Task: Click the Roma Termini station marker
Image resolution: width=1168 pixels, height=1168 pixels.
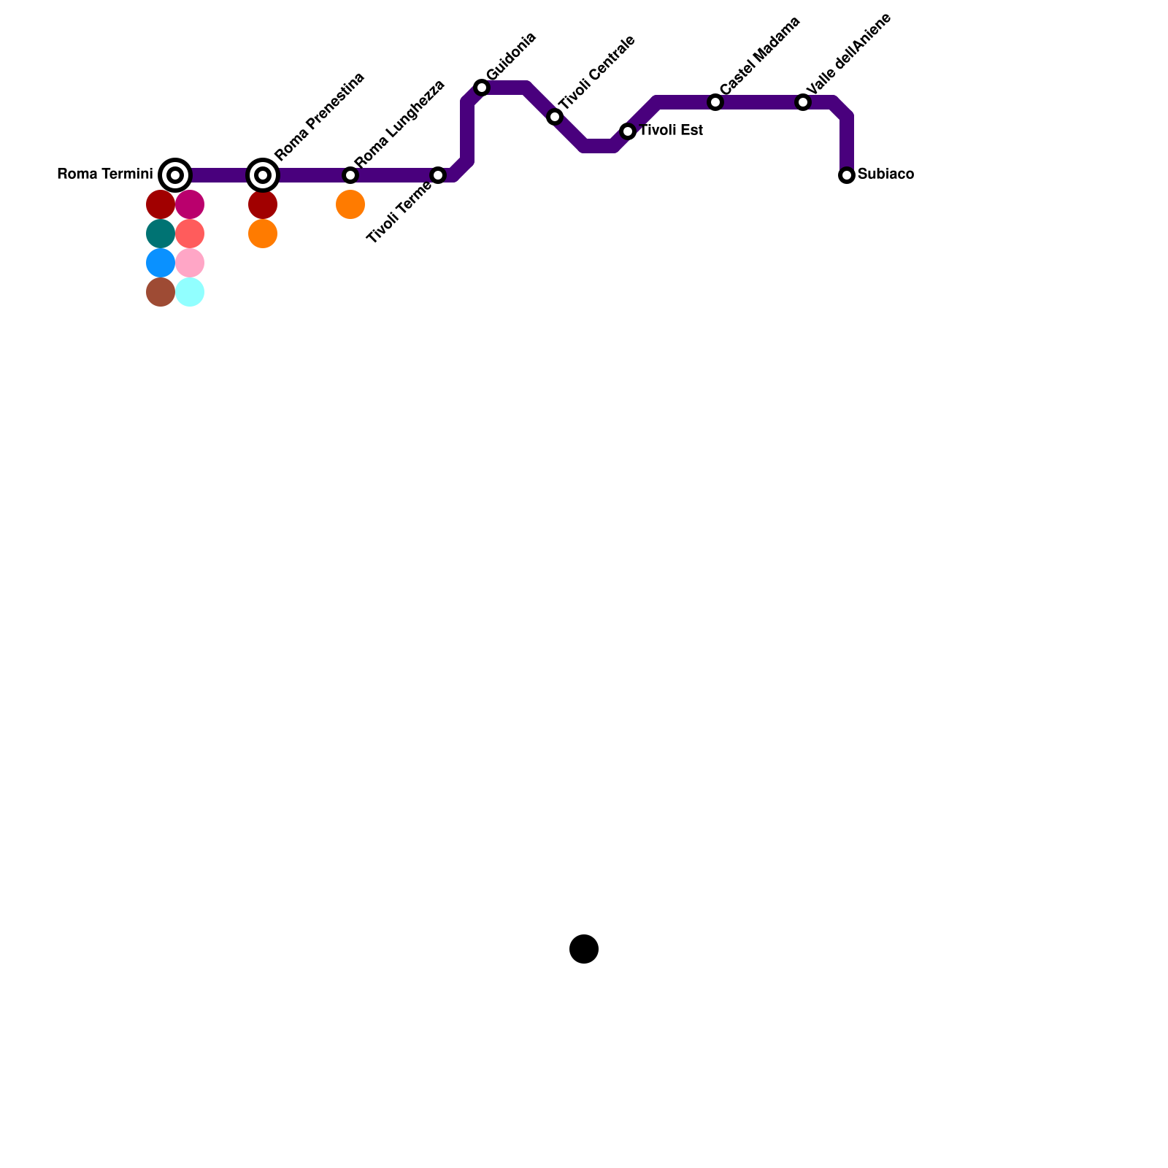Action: [x=175, y=175]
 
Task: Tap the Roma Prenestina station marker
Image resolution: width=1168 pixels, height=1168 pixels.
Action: [x=263, y=175]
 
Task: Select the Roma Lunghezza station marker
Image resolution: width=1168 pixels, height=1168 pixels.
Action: [x=350, y=175]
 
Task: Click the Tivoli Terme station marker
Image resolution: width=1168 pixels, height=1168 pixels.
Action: [x=438, y=175]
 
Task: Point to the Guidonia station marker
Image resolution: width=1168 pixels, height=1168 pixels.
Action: [x=482, y=88]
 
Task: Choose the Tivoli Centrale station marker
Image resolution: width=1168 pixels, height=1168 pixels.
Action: [x=555, y=117]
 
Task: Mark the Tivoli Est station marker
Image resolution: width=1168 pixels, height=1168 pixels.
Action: [x=628, y=131]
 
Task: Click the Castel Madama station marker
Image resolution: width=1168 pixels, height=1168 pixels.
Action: [x=715, y=102]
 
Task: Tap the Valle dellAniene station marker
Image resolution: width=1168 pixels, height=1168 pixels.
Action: [x=803, y=102]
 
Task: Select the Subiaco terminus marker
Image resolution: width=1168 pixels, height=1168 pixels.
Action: [x=847, y=175]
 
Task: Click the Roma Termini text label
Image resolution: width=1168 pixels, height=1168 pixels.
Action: [x=104, y=174]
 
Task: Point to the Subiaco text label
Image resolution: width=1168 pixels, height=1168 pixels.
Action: [x=885, y=174]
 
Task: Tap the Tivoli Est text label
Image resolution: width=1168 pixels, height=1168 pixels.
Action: [x=671, y=131]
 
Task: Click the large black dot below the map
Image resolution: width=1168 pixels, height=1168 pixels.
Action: [x=584, y=949]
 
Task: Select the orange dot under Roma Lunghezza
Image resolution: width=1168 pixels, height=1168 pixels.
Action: [x=350, y=204]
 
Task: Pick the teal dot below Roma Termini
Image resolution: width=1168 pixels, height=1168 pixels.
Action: [x=161, y=234]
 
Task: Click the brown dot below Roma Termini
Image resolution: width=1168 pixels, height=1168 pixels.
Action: [x=161, y=292]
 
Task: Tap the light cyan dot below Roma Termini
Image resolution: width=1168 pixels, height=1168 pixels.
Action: [x=190, y=292]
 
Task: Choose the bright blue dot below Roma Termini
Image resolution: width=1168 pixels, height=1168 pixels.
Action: [x=161, y=263]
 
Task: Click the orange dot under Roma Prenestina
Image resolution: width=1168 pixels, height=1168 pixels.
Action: [x=263, y=234]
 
